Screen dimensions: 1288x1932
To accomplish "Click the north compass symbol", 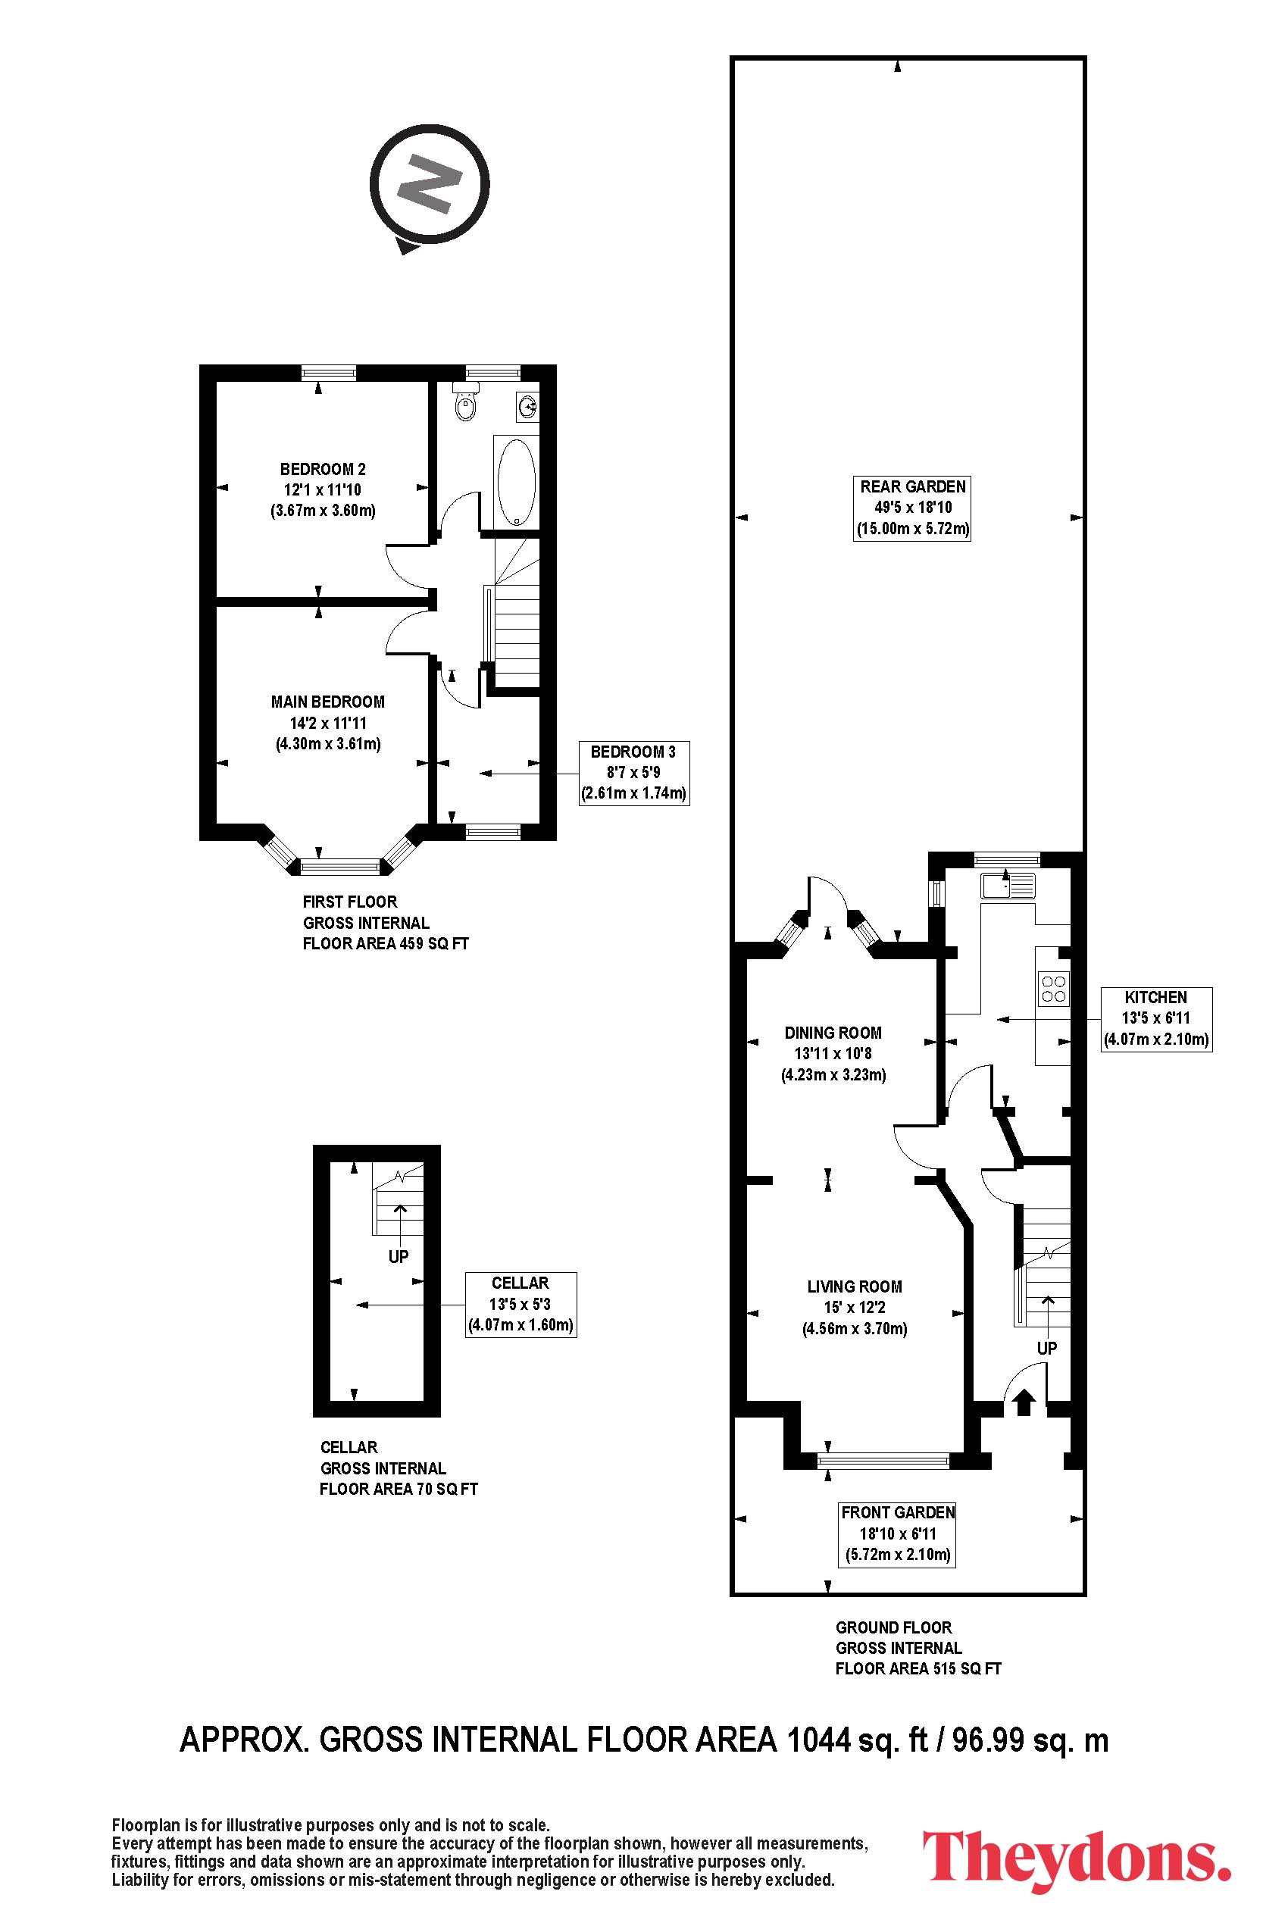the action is tap(429, 186).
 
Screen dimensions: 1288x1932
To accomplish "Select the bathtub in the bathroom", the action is tap(515, 481).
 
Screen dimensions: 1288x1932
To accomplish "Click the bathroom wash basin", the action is tap(527, 405).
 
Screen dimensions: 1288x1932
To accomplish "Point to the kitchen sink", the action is tap(1007, 886).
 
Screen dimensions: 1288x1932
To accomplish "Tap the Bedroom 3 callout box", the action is tap(633, 773).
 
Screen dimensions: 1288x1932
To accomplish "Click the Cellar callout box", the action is tap(521, 1305).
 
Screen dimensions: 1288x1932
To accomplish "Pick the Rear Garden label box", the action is tap(913, 508).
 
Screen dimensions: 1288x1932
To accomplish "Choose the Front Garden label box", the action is tap(898, 1533).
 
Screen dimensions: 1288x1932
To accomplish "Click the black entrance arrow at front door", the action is tap(1023, 1402).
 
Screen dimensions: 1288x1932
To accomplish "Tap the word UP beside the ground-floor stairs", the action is tap(1047, 1347).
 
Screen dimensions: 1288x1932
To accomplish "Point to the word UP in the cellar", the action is tap(399, 1256).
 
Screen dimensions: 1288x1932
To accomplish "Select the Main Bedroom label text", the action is tap(328, 702).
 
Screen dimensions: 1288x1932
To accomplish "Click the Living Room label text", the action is tap(855, 1286).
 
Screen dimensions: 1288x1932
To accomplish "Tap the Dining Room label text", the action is tap(833, 1033).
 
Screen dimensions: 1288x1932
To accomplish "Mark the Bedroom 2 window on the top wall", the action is tap(329, 373).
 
